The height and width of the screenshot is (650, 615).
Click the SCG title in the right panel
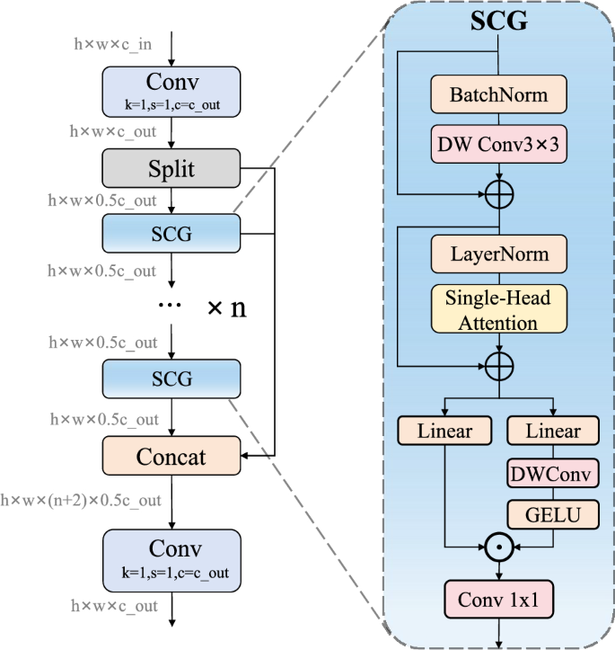click(499, 22)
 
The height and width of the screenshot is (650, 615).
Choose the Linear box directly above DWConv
click(553, 431)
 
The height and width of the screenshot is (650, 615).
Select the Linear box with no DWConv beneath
click(445, 431)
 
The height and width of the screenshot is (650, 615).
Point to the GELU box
click(553, 514)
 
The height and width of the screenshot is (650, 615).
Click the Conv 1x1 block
click(499, 600)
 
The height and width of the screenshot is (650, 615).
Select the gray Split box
click(171, 169)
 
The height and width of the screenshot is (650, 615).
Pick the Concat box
click(171, 457)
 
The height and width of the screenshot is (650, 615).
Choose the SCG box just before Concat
click(171, 378)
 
